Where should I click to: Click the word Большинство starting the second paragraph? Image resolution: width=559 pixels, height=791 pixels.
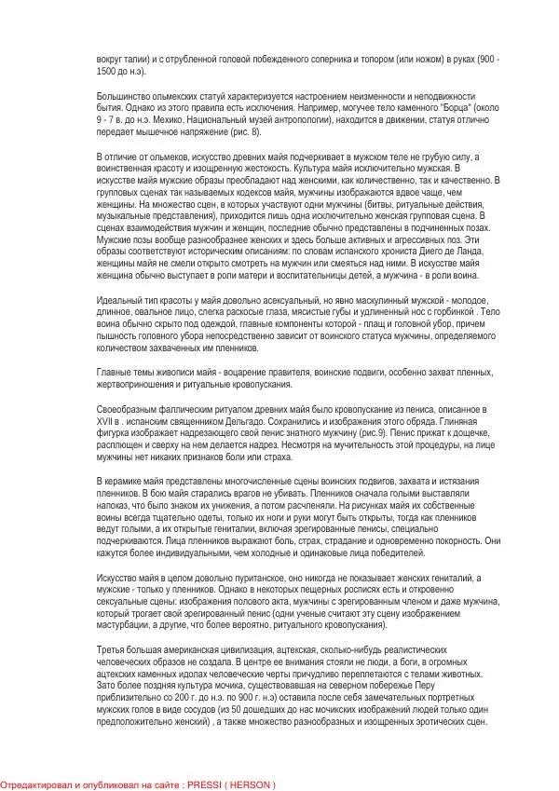[124, 96]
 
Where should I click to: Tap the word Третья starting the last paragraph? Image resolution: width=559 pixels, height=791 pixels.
[113, 648]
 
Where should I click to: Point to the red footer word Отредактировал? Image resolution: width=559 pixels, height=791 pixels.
[34, 784]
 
